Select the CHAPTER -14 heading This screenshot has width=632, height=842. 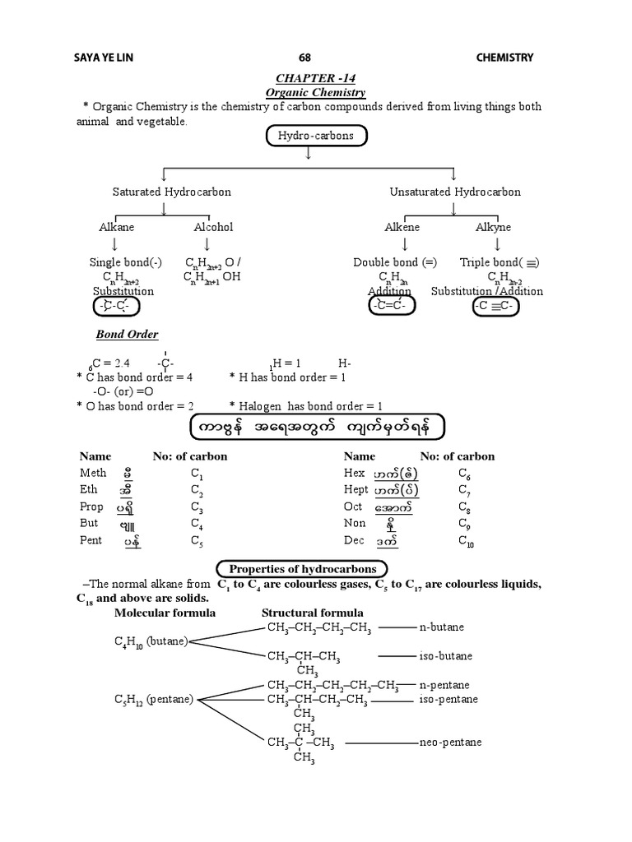pos(315,77)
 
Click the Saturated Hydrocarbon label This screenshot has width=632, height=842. pos(171,192)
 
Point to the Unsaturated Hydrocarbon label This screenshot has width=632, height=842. pos(455,192)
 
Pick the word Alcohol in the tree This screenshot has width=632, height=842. pos(213,227)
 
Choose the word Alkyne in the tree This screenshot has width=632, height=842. pos(493,227)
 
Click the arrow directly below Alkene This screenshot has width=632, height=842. pos(404,245)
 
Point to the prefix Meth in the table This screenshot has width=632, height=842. pos(93,473)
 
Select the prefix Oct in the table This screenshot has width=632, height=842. pos(353,507)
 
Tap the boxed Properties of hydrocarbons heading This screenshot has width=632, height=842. pos(302,568)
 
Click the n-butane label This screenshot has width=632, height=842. pos(441,627)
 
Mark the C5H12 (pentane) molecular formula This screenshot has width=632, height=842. pos(153,700)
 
